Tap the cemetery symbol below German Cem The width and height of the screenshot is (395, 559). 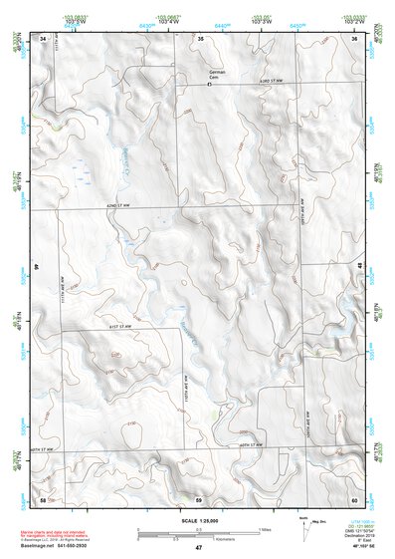point(209,85)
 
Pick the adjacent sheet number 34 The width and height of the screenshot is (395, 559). point(43,38)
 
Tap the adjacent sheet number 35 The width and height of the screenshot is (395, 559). point(200,38)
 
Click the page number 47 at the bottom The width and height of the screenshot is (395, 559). point(198,547)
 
